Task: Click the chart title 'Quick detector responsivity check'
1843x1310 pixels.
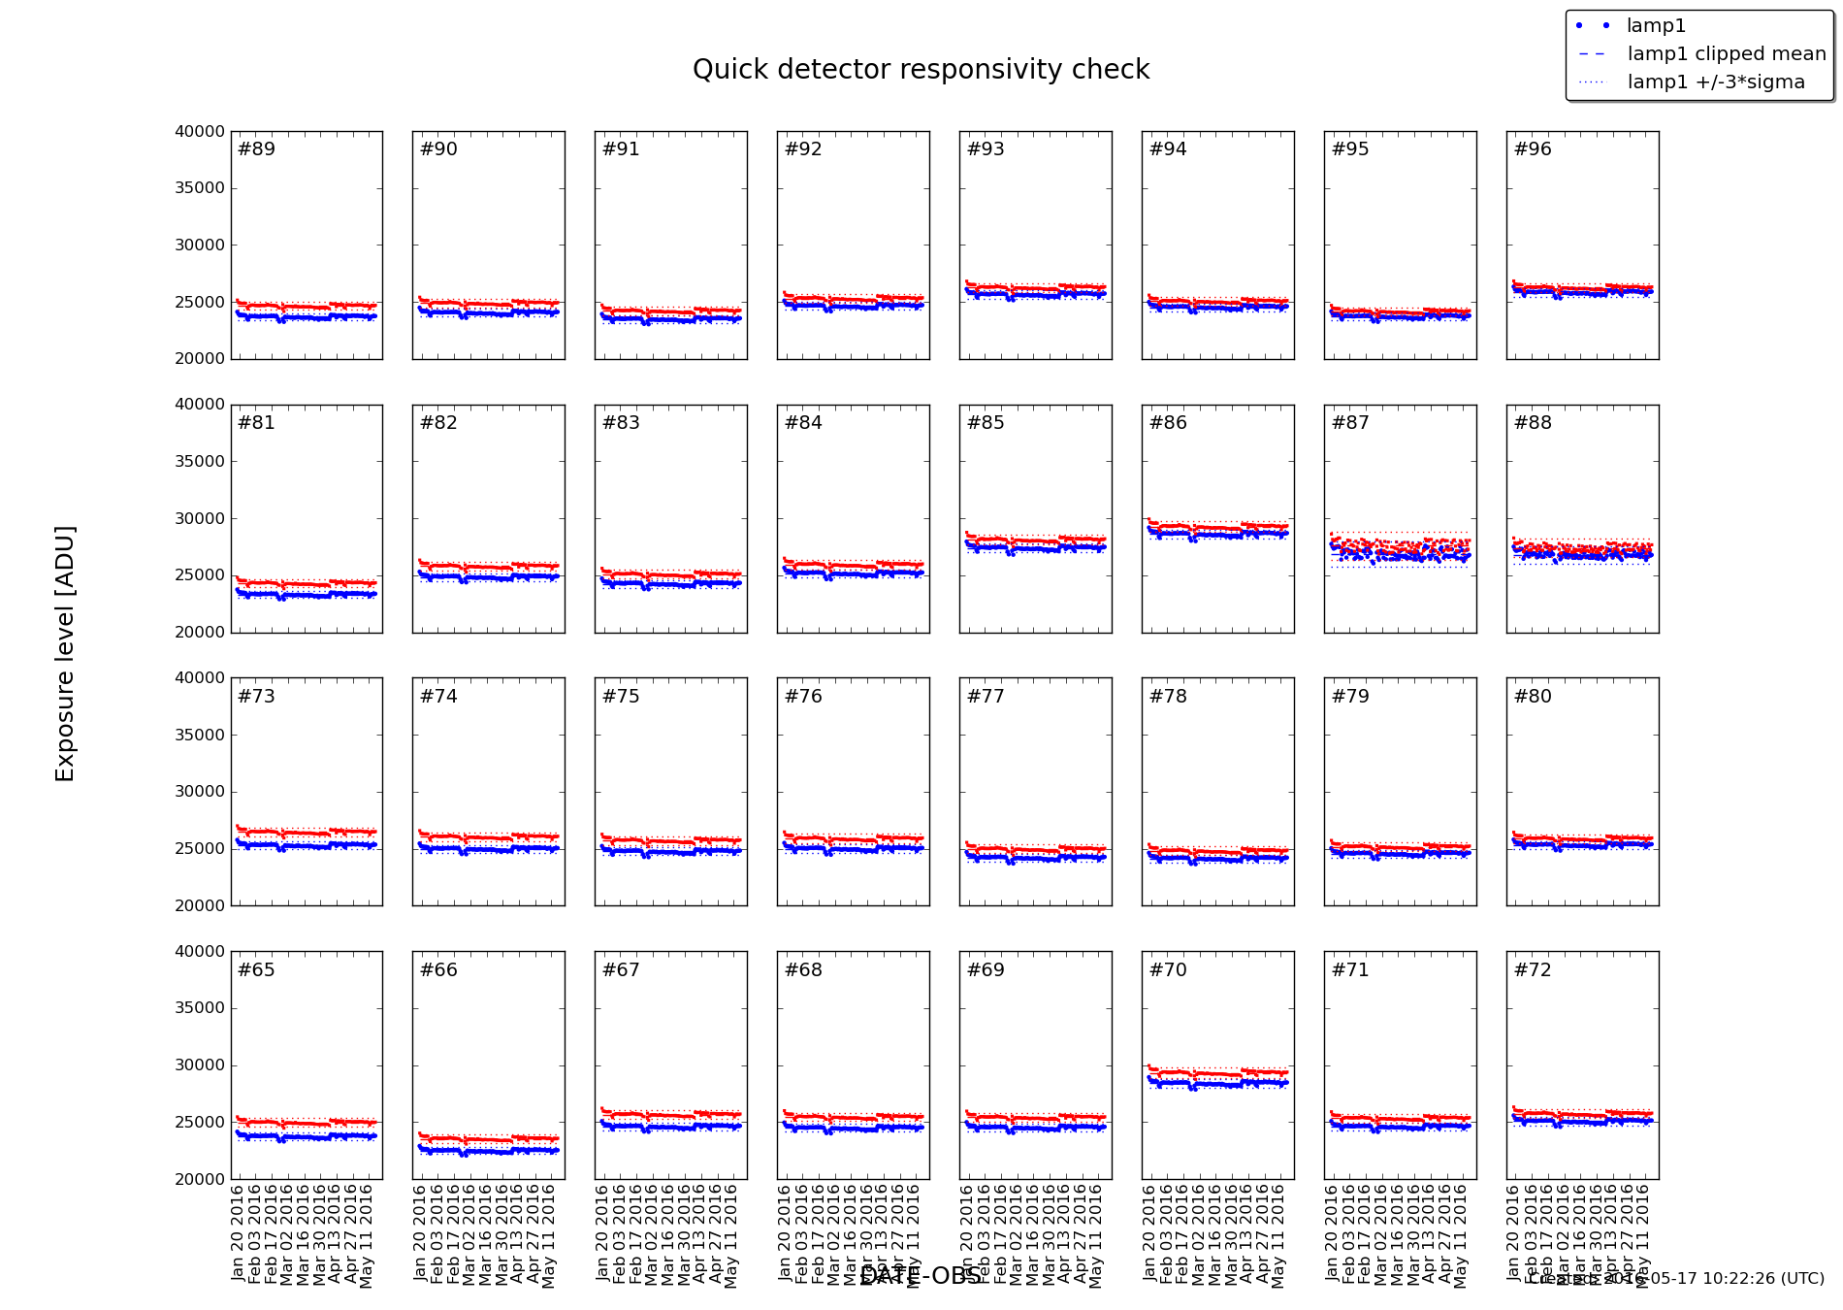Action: coord(921,70)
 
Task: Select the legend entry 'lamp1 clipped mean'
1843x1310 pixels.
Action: coord(1726,54)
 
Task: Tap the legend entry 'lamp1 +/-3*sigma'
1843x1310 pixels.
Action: coord(1715,82)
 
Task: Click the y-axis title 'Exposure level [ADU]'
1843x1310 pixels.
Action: coord(65,653)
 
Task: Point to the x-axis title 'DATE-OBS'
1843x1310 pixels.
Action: coord(921,1276)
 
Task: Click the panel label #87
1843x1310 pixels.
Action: coord(1350,423)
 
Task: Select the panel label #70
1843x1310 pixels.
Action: coord(1168,970)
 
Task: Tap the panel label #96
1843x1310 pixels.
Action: coord(1533,149)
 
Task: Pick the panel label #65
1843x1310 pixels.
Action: coord(256,970)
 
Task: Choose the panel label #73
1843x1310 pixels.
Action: coord(256,697)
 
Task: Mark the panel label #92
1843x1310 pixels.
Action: coord(803,149)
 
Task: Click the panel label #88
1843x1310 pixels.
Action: coord(1533,423)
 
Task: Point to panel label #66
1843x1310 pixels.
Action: coord(438,970)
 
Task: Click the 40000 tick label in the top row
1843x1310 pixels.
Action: coord(200,132)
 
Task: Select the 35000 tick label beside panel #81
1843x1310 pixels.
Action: coord(200,462)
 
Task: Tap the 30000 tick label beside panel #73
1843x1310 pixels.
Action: coord(200,792)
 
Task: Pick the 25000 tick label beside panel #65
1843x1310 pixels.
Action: coord(200,1123)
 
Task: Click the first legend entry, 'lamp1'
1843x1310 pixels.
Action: coord(1656,26)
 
